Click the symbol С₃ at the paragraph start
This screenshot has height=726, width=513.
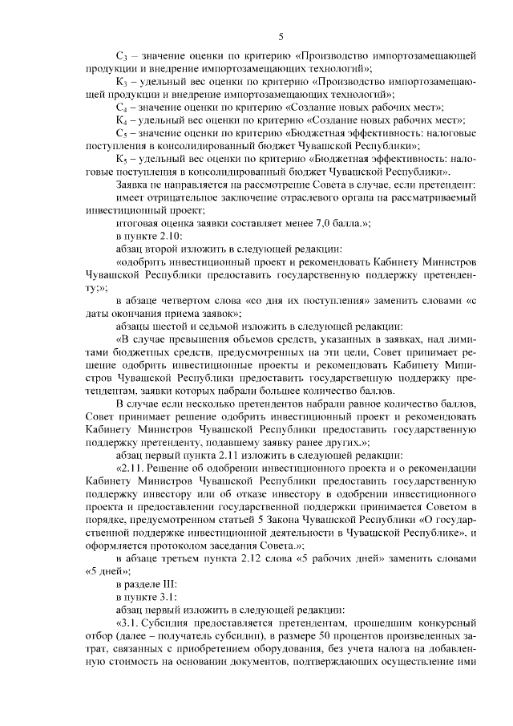[122, 56]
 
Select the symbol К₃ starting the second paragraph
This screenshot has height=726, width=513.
[122, 82]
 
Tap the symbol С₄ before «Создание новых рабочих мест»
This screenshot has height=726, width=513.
[122, 107]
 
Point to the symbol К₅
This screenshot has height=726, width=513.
[122, 159]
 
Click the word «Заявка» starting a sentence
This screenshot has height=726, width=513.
[134, 185]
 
